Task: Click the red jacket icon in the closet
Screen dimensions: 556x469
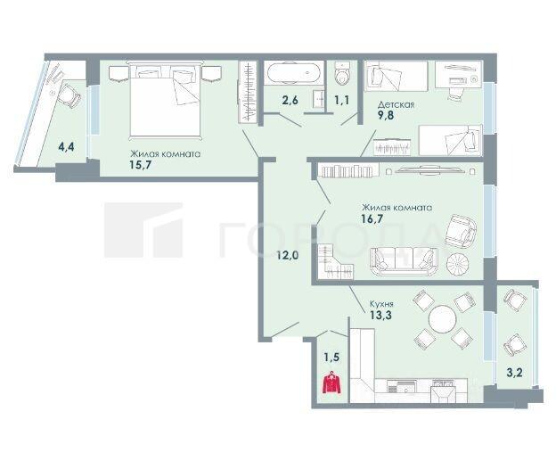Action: [x=331, y=383]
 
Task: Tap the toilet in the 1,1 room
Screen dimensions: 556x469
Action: [x=342, y=73]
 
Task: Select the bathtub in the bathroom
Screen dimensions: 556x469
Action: [x=294, y=73]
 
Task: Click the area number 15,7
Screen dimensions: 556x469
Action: [x=141, y=165]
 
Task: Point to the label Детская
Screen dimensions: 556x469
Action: [x=396, y=104]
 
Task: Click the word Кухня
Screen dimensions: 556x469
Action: [x=381, y=304]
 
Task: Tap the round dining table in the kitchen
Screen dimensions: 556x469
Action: [x=442, y=319]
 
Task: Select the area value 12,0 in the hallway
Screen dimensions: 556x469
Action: [x=289, y=255]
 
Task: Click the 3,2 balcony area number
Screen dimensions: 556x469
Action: [x=514, y=373]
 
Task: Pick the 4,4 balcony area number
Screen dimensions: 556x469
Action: [x=66, y=146]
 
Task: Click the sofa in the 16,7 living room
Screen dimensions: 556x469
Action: [x=404, y=261]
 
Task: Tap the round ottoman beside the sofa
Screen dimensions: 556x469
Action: [x=458, y=264]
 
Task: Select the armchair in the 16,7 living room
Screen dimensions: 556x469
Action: [x=461, y=231]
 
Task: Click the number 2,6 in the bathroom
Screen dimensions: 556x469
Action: [x=290, y=100]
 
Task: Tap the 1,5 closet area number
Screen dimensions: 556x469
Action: [x=331, y=358]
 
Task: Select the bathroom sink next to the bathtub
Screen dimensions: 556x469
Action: [x=318, y=99]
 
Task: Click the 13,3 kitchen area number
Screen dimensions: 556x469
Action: [x=380, y=315]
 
